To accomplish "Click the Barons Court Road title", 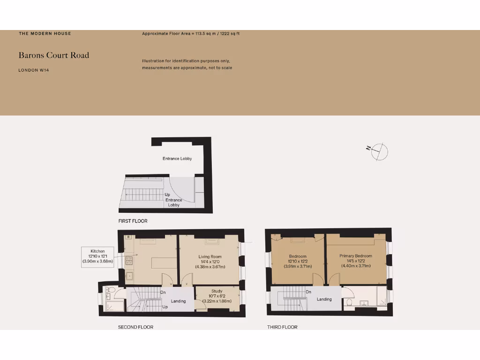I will coord(53,55).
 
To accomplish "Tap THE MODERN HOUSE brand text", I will coord(45,34).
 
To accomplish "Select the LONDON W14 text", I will coord(34,70).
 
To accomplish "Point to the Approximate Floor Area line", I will coord(191,34).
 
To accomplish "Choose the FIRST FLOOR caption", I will coord(133,221).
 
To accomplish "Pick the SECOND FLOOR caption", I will coord(135,327).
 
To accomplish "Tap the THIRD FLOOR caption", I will coord(282,327).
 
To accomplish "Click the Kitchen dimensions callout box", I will coord(97,257).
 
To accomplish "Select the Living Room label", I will coord(210,256).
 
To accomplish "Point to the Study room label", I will coord(217,291).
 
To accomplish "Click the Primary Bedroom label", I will coord(356,256).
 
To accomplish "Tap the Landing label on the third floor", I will coord(324,299).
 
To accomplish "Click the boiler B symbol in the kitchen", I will coord(128,237).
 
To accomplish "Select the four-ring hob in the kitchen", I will coord(129,259).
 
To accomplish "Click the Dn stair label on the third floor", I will coord(308,292).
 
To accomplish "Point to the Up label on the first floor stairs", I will coord(167,195).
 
